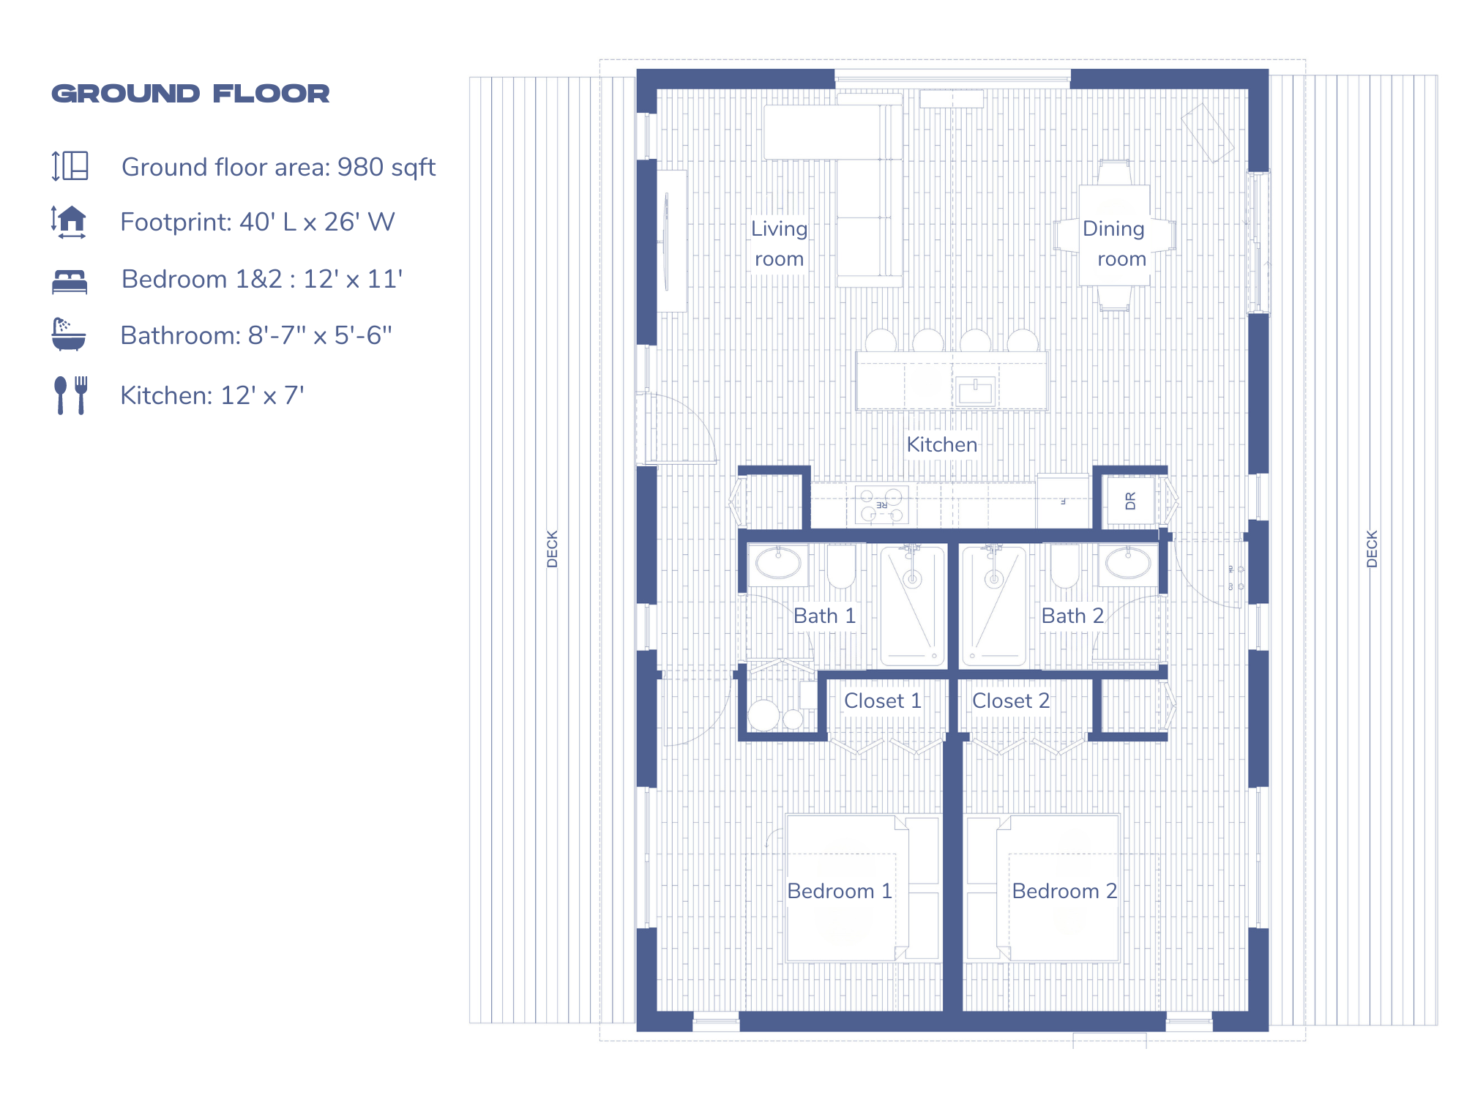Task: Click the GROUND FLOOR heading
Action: [190, 94]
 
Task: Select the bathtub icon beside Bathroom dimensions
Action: [69, 335]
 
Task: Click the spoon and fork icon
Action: [71, 395]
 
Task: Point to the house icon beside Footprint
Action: [70, 222]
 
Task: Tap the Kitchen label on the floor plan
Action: [941, 444]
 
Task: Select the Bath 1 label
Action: [824, 616]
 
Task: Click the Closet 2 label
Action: [1010, 701]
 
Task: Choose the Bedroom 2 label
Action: [1064, 891]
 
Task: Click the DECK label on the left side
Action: [553, 548]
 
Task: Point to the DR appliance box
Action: [1130, 501]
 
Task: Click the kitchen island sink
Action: [975, 392]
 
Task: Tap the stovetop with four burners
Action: [881, 505]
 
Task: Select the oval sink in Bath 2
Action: [1128, 564]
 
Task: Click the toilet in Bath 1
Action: [841, 566]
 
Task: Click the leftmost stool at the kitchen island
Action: [881, 341]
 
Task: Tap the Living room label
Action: [779, 244]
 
